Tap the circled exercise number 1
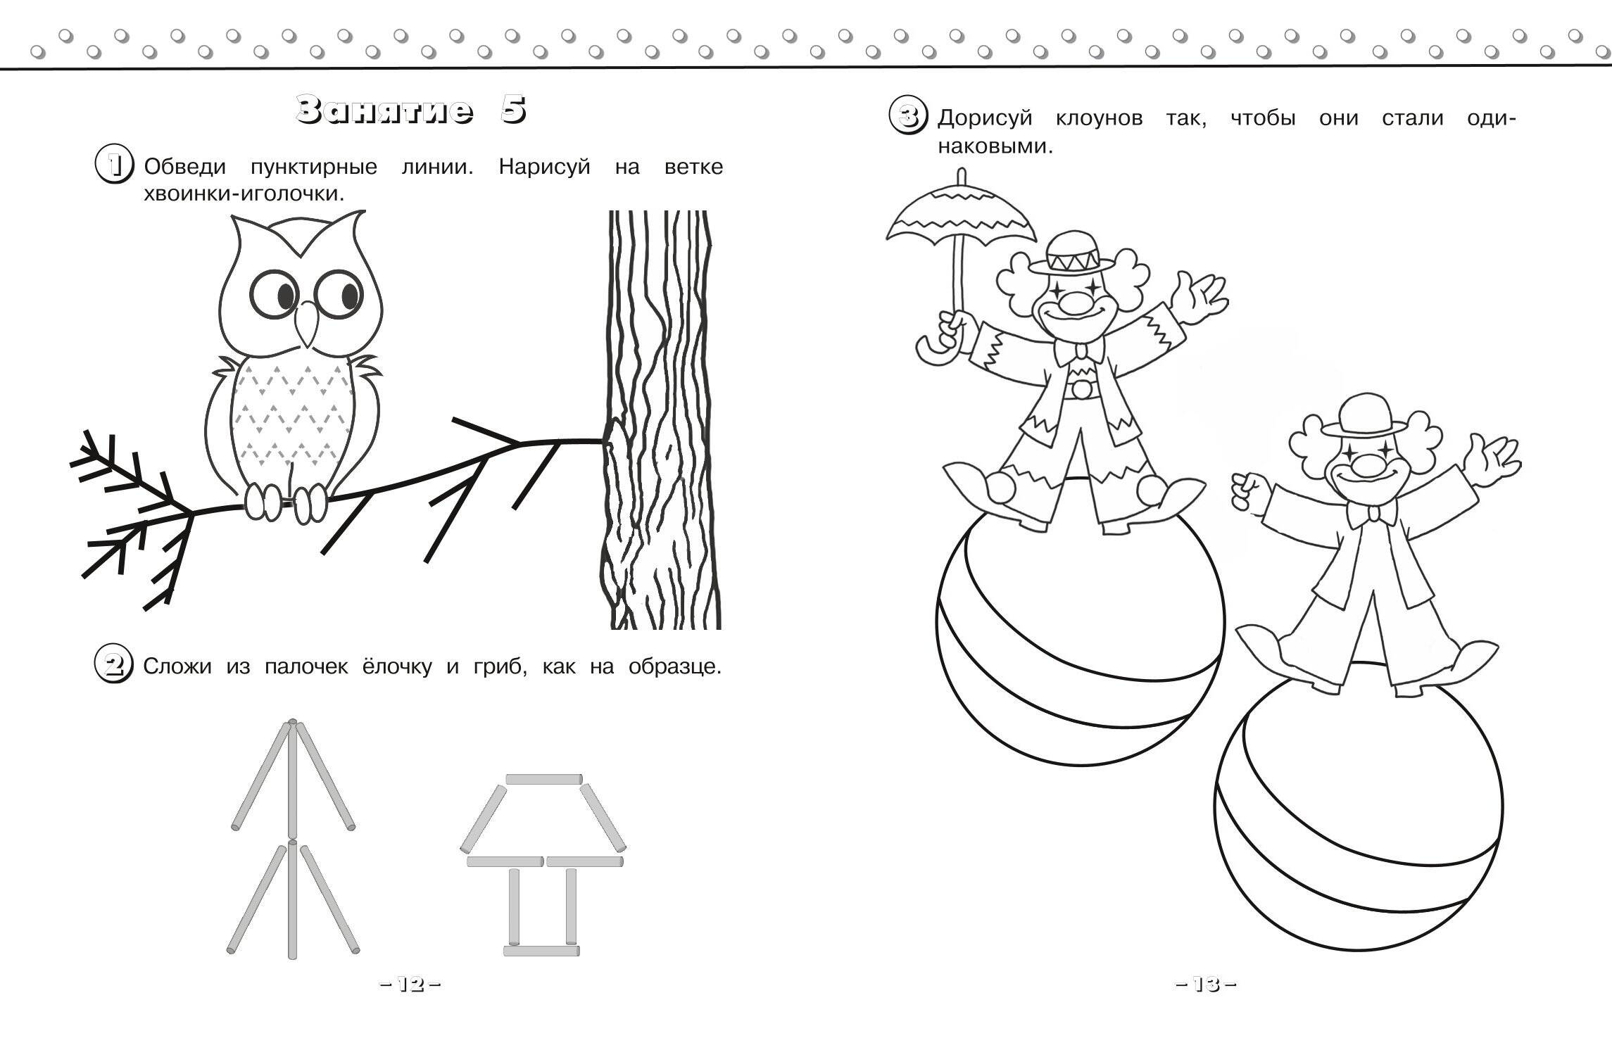click(115, 165)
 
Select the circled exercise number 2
click(114, 664)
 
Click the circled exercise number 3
click(909, 115)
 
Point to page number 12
click(410, 985)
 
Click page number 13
click(1206, 985)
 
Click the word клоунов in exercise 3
click(1100, 118)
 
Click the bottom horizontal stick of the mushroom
click(541, 951)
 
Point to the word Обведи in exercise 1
click(184, 168)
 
